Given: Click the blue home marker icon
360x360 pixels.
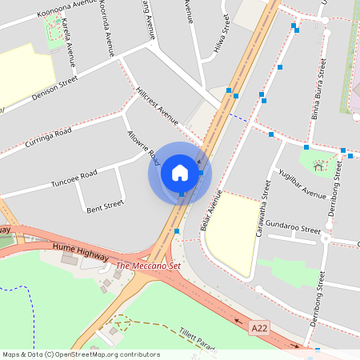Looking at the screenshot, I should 179,173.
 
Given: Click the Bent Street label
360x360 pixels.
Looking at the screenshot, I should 105,205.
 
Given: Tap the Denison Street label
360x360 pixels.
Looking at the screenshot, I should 54,88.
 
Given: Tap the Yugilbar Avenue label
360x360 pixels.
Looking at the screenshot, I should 302,184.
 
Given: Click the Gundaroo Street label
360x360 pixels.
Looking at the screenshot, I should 293,226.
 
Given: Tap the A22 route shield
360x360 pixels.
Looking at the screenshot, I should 258,327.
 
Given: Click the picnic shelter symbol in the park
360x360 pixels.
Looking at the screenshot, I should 319,166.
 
